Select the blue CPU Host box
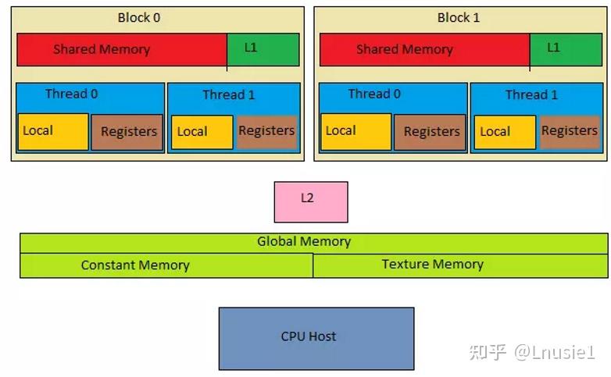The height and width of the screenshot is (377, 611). click(316, 338)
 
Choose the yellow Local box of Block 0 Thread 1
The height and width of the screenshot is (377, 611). click(202, 133)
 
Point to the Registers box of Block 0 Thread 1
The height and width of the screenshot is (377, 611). click(266, 132)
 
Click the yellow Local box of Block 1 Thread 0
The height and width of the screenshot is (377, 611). click(356, 132)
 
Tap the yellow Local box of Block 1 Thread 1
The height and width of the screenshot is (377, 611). click(505, 133)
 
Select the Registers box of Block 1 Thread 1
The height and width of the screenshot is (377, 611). click(570, 132)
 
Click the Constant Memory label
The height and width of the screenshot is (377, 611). click(135, 265)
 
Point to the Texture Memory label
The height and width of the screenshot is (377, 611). click(432, 265)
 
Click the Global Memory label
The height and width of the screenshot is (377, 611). click(304, 242)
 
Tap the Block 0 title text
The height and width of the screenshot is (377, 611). click(139, 17)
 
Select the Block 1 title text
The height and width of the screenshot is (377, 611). click(459, 17)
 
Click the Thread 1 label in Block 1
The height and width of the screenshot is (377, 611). click(531, 95)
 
